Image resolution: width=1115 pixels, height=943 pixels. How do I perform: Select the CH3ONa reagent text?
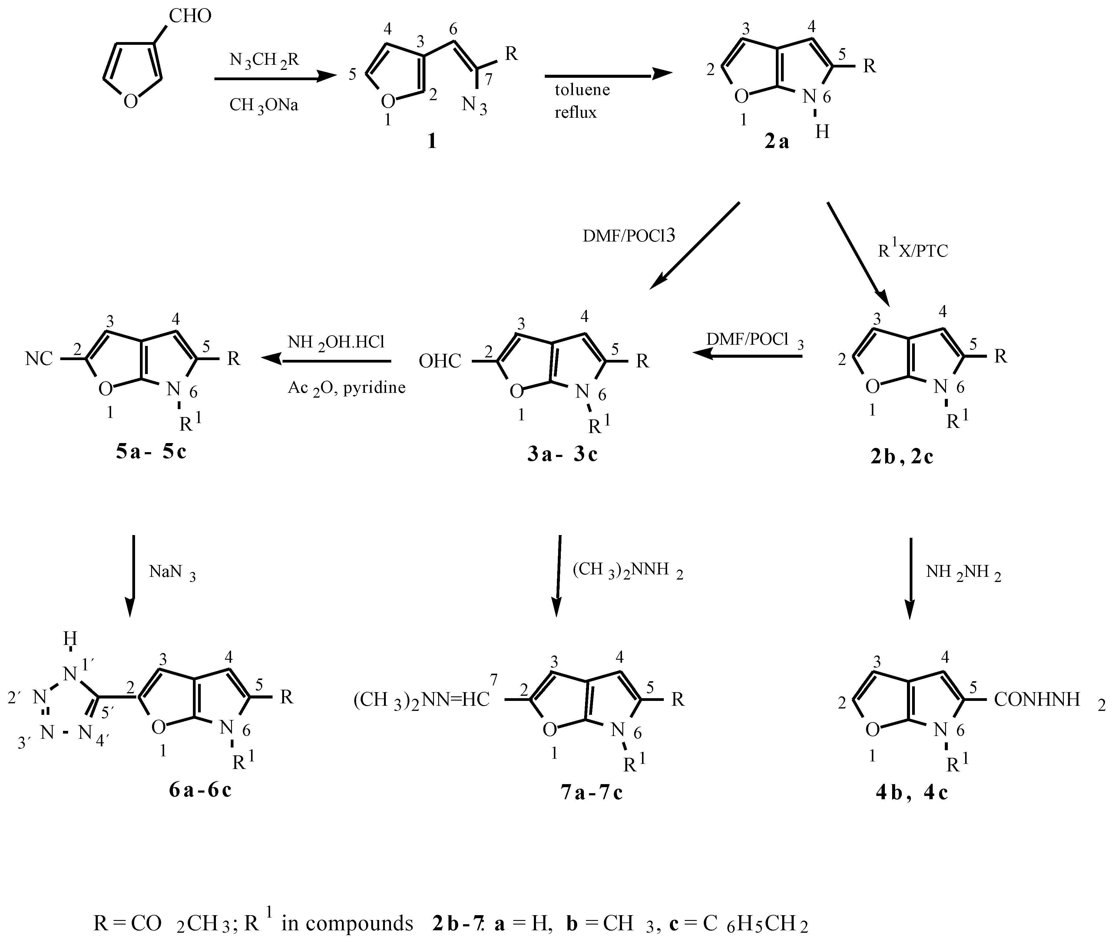point(264,105)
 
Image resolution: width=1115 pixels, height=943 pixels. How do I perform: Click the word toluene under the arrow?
point(582,89)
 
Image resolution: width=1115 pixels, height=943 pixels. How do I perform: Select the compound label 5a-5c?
point(151,452)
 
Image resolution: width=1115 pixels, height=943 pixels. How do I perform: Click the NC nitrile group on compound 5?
point(39,359)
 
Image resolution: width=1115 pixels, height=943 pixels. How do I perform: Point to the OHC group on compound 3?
point(440,361)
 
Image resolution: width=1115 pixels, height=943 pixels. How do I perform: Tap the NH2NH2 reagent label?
point(963,573)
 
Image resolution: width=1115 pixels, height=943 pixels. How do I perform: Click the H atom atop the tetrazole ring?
point(70,638)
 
